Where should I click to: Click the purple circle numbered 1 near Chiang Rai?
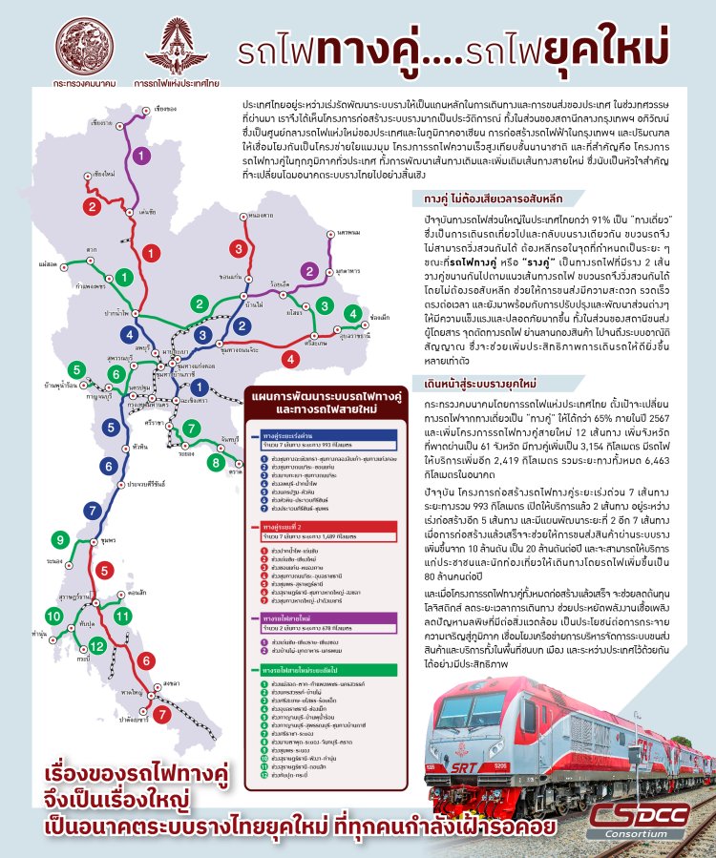tap(141, 155)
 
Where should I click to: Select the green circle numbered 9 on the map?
tap(62, 540)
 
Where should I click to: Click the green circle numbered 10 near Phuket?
tap(54, 616)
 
